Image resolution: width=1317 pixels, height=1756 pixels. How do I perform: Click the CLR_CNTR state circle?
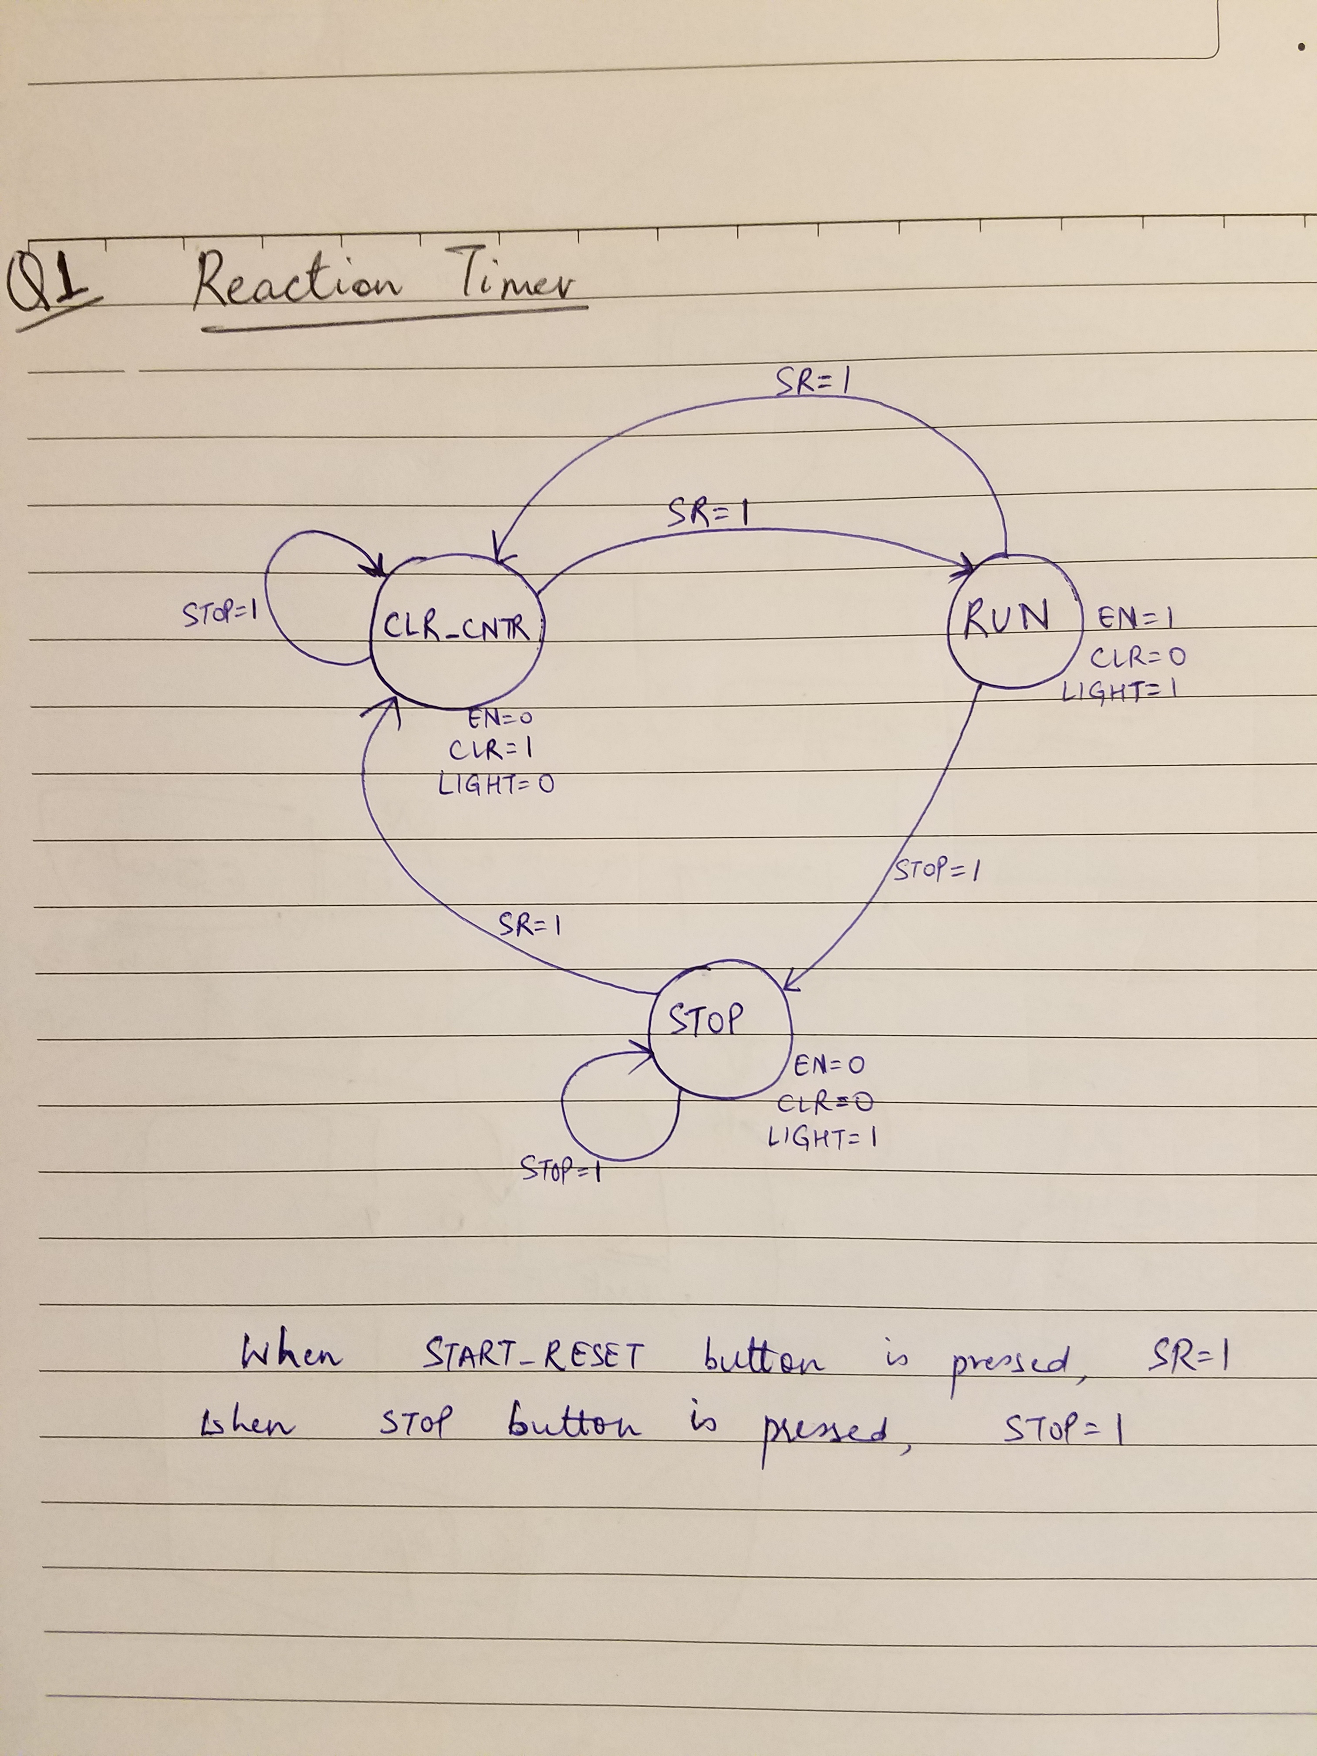pyautogui.click(x=456, y=631)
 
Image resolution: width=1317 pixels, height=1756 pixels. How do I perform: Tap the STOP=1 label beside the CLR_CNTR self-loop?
pyautogui.click(x=216, y=614)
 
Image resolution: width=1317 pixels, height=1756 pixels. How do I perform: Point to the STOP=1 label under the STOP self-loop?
pyautogui.click(x=560, y=1168)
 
